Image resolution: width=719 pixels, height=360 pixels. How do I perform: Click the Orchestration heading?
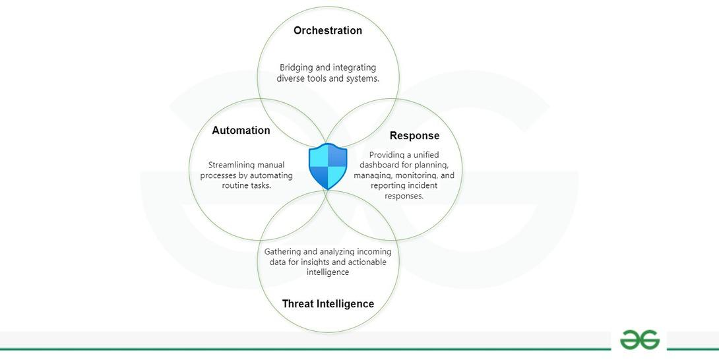[x=328, y=30]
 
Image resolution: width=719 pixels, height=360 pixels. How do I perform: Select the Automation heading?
[x=241, y=131]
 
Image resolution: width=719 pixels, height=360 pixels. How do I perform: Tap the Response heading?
[x=414, y=136]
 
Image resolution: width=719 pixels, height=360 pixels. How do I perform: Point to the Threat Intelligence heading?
[x=328, y=304]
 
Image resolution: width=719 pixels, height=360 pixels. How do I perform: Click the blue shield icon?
[x=328, y=167]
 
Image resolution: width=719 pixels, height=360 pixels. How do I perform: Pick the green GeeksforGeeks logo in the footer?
[x=639, y=340]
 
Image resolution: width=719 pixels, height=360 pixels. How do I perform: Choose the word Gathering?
[x=284, y=252]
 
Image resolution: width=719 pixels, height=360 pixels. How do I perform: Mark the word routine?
[x=236, y=185]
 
